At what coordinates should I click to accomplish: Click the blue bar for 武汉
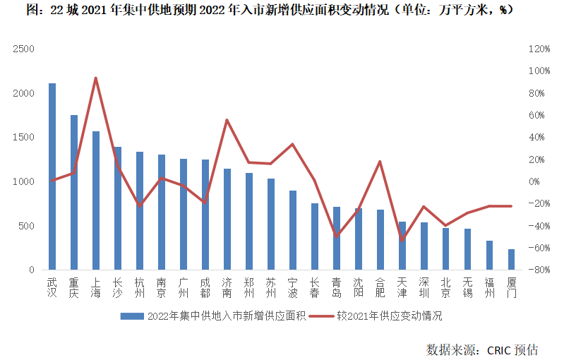(52, 176)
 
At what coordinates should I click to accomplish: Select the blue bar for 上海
(96, 200)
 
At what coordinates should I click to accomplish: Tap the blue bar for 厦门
(511, 259)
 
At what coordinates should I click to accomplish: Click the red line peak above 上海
(96, 78)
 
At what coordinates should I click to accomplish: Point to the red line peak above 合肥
(380, 162)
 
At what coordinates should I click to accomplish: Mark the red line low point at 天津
(402, 240)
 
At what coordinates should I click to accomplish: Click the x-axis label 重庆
(74, 288)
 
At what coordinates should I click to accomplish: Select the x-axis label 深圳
(424, 288)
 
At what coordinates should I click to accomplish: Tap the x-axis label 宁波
(293, 288)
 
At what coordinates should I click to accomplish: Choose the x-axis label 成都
(205, 288)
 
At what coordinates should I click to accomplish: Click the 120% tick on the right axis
(538, 49)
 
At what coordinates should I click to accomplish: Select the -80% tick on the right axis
(538, 270)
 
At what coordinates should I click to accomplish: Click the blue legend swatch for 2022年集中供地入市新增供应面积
(132, 316)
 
